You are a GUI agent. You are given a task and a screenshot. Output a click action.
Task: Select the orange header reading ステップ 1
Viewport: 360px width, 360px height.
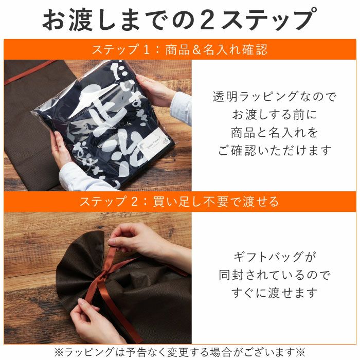[179, 50]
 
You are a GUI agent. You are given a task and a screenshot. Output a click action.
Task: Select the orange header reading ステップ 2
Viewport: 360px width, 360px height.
[179, 201]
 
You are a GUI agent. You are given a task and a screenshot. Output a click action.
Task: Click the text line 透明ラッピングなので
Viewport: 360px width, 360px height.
[274, 97]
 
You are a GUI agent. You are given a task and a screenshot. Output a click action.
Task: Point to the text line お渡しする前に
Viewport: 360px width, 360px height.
[274, 114]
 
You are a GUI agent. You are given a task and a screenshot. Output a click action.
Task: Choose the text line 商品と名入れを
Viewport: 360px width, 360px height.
[274, 132]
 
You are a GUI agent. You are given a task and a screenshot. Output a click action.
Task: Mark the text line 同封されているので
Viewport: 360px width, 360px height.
[274, 275]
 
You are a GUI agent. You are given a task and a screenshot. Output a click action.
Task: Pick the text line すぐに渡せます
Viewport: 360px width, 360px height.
[274, 293]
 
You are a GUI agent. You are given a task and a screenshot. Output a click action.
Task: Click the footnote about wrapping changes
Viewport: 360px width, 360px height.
[179, 352]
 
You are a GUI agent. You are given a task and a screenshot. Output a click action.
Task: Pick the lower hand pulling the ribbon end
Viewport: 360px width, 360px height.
[95, 324]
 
